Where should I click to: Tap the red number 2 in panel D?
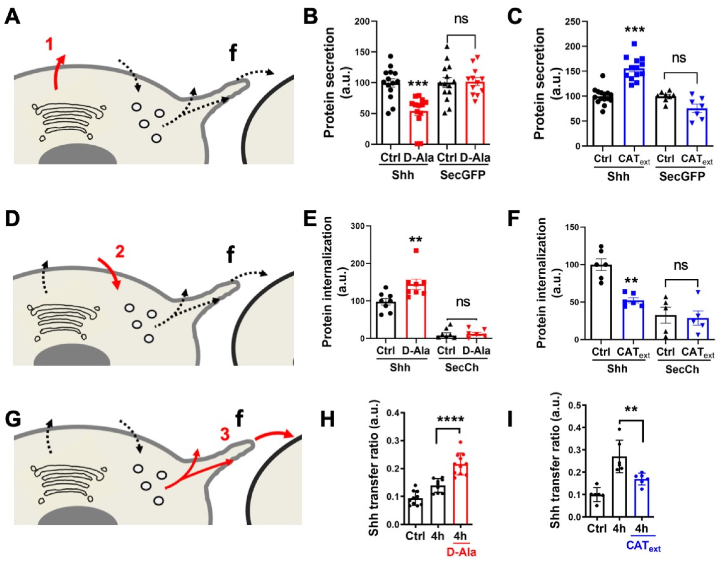tap(120, 251)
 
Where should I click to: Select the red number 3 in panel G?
tap(224, 434)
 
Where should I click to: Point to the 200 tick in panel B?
tap(362, 21)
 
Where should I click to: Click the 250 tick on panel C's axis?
tap(572, 21)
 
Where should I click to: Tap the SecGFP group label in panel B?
tap(463, 174)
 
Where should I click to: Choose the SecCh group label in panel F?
tap(682, 369)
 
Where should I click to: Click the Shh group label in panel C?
tap(618, 176)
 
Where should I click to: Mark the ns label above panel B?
tap(461, 19)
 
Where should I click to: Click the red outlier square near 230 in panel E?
tap(416, 251)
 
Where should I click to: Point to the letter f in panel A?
tap(233, 53)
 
